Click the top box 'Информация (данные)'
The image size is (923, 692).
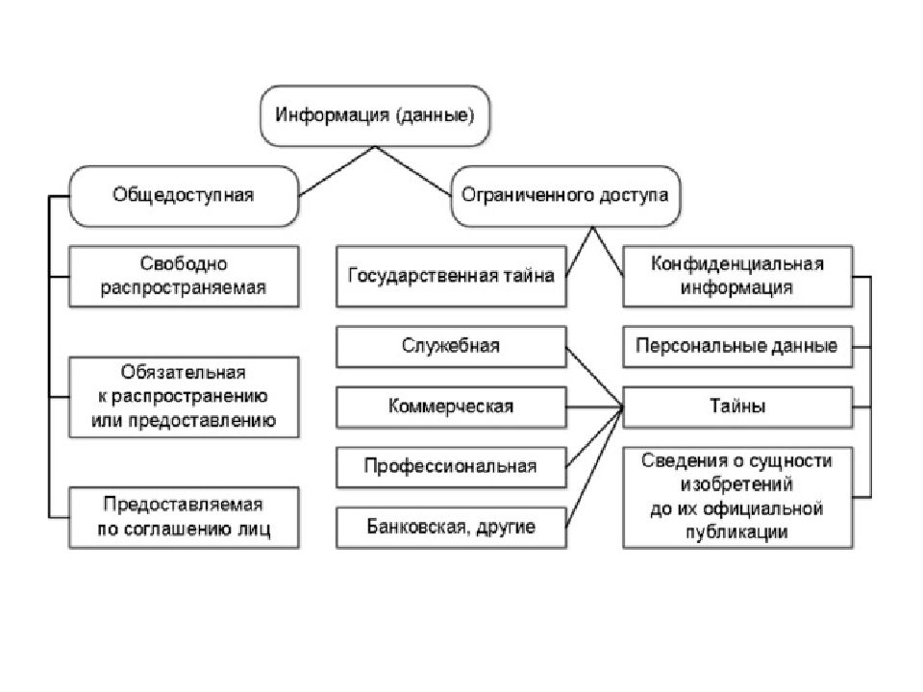pos(375,115)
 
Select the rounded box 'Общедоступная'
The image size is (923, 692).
pos(184,196)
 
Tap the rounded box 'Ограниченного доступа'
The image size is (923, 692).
pos(565,196)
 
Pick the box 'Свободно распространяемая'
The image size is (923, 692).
pos(184,277)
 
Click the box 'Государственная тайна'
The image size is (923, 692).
pos(451,277)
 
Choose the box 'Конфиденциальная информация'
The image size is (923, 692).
pos(737,277)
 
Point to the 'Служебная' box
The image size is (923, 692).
pos(451,347)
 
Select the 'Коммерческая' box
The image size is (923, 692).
pos(451,408)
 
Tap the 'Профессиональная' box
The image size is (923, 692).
pos(451,467)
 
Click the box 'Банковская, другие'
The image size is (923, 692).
pos(451,528)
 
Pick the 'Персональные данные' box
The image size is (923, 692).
pos(737,347)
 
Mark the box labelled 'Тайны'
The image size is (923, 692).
pos(737,408)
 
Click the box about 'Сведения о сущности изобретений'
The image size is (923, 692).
pos(737,498)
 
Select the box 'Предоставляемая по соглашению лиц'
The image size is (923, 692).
pos(184,518)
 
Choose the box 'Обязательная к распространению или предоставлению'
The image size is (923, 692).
pos(184,397)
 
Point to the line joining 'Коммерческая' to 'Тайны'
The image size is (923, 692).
pos(594,408)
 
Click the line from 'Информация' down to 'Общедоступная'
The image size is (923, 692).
pos(337,171)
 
